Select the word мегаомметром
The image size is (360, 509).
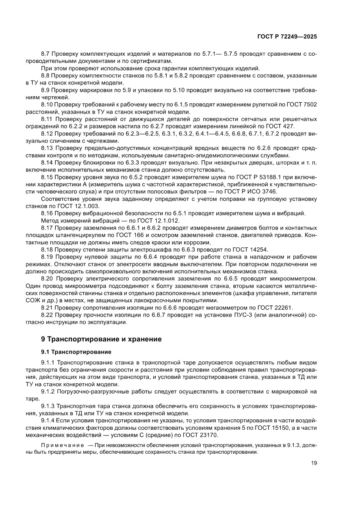coord(239,307)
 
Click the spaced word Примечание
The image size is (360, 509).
coord(61,445)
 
